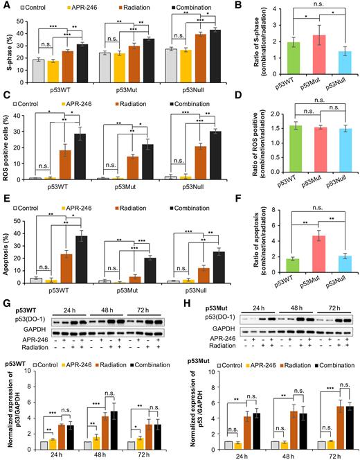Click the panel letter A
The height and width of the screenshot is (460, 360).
(x=6, y=6)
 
